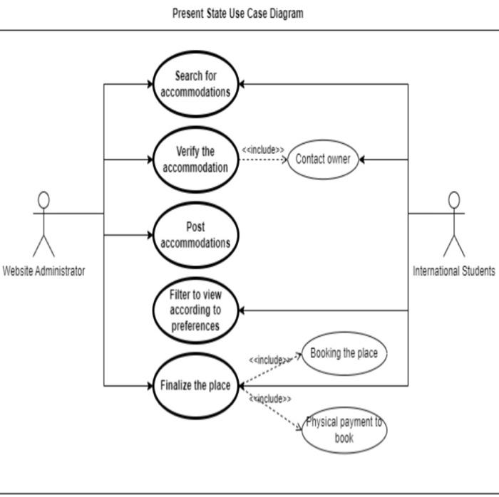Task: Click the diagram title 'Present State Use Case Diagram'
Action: pyautogui.click(x=237, y=14)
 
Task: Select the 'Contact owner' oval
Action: pyautogui.click(x=323, y=159)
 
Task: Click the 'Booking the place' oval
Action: pyautogui.click(x=344, y=353)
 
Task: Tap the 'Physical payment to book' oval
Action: pyautogui.click(x=344, y=429)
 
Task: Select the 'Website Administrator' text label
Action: pyautogui.click(x=43, y=271)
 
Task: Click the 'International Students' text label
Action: pyautogui.click(x=453, y=271)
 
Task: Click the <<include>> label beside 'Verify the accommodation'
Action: pyautogui.click(x=263, y=150)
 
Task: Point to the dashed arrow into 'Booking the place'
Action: pyautogui.click(x=274, y=367)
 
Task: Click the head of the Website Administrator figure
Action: pyautogui.click(x=43, y=200)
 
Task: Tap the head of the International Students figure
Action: pyautogui.click(x=453, y=200)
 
